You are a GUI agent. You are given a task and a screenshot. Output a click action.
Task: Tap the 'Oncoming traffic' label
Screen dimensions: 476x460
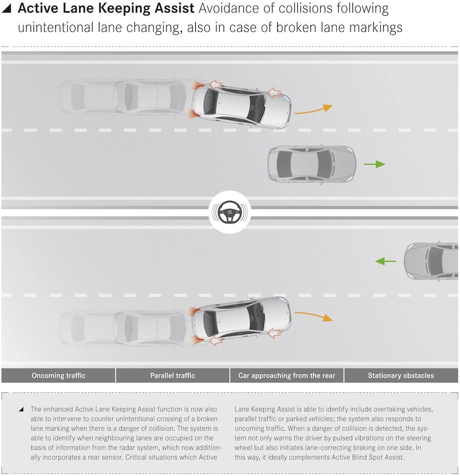[58, 375]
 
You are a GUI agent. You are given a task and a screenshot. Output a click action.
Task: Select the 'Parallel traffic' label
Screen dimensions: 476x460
[172, 375]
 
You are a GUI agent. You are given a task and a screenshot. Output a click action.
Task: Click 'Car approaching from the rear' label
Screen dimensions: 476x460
[287, 375]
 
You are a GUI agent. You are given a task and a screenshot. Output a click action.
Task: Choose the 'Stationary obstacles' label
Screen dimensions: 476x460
[401, 375]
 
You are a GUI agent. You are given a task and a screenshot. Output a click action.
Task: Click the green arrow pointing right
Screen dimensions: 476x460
[374, 164]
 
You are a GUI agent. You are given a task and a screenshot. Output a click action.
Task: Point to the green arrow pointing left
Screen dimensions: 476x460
[386, 261]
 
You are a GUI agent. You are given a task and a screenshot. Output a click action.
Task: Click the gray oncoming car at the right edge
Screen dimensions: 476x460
[431, 261]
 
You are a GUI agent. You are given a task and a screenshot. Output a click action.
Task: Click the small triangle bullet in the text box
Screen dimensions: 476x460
[21, 410]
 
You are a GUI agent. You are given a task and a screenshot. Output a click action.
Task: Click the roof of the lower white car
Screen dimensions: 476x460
[234, 319]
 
